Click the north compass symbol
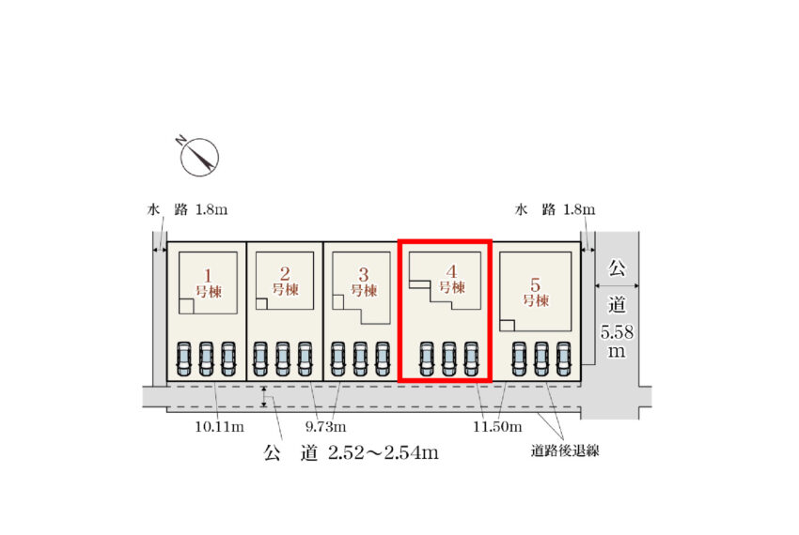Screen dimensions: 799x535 [199, 156]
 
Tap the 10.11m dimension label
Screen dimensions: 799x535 [220, 426]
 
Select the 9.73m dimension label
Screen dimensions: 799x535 [325, 426]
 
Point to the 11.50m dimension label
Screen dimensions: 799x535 [497, 426]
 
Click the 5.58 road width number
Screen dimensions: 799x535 [617, 332]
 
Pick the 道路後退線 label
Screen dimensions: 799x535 [565, 451]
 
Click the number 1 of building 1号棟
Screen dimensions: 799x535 [208, 275]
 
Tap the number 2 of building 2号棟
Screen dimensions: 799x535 [285, 274]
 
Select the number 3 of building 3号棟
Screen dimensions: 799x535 [364, 275]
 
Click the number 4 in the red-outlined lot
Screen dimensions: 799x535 [451, 271]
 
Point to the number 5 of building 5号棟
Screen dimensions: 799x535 [535, 284]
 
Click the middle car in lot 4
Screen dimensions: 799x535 [449, 359]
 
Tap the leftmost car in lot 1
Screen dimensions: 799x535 [184, 359]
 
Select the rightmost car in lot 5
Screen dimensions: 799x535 [564, 359]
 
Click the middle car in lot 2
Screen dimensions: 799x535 [283, 359]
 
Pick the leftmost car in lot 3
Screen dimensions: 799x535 [337, 359]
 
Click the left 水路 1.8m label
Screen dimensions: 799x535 [187, 209]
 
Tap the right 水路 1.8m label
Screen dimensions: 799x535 [555, 209]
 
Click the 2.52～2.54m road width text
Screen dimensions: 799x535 [384, 452]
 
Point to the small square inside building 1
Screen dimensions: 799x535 [186, 306]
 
